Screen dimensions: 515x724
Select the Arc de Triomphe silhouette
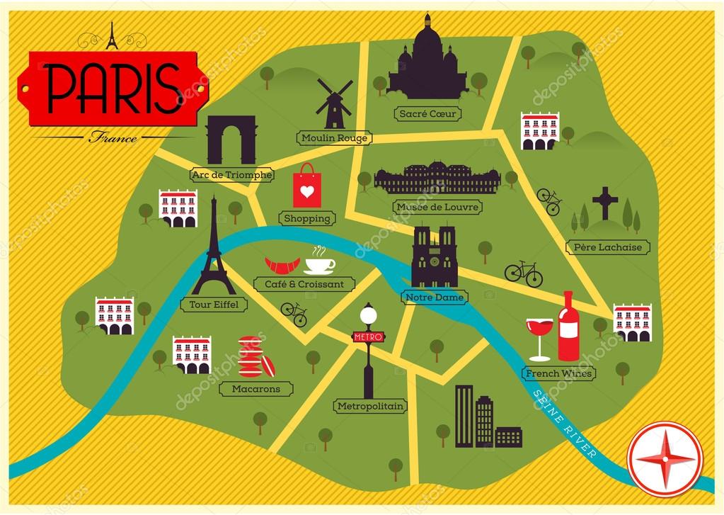231,140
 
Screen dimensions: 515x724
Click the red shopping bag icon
306,186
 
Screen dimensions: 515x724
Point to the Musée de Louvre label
438,208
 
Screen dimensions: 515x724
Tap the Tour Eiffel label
209,305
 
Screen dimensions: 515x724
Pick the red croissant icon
282,266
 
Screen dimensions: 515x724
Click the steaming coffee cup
320,264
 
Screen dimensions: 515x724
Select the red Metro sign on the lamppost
367,336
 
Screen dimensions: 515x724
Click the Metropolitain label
369,406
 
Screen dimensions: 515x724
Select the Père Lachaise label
608,247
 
